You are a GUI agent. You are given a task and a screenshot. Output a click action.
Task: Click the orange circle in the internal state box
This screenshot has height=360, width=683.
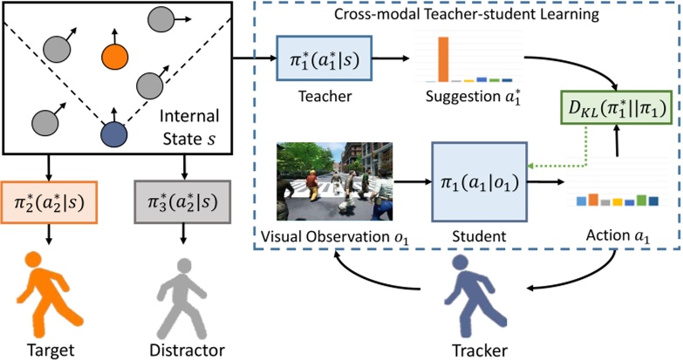(x=113, y=58)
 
